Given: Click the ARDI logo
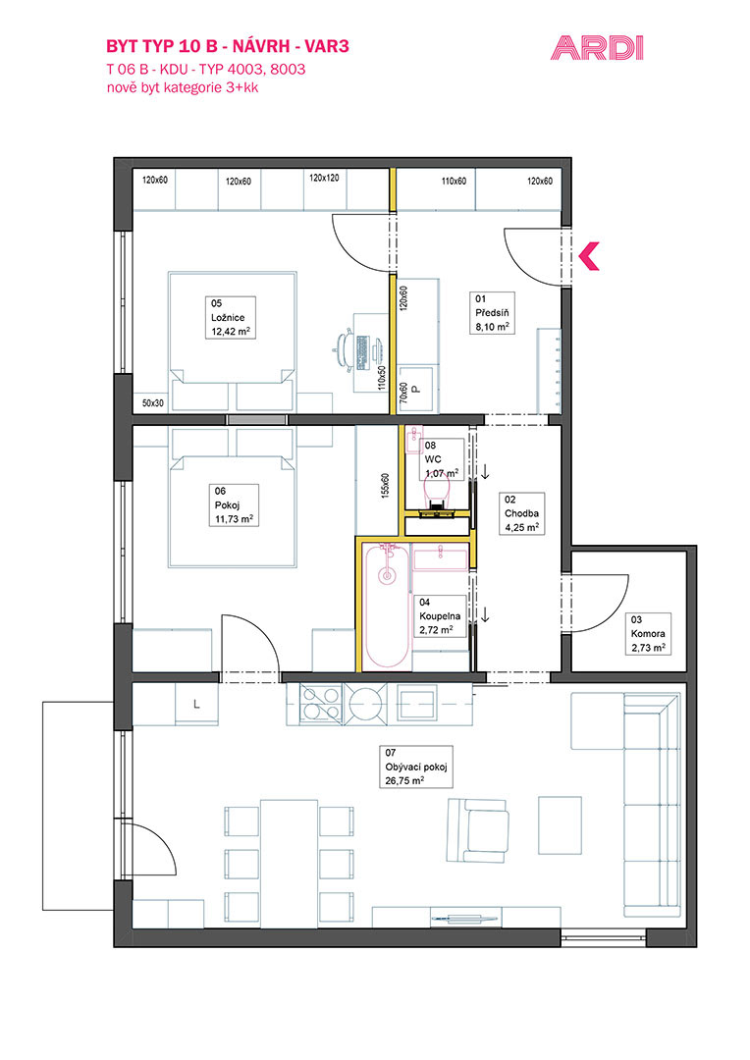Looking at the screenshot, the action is point(597,49).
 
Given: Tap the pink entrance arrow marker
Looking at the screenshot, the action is point(588,256).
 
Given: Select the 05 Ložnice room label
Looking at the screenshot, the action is point(231,317).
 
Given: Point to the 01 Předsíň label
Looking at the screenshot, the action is point(493,313).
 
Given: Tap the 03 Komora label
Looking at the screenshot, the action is point(649,634).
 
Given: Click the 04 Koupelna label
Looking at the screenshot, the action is point(440,615).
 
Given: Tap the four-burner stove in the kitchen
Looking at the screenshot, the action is point(319,703).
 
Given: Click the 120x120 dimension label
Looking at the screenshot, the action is point(324,178).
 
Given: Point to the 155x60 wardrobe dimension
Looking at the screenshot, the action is point(385,485).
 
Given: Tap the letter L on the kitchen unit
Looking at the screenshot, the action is point(196,705).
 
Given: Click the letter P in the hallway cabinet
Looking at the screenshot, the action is point(416,390).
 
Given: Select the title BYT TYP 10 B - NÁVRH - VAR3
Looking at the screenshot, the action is point(227,46).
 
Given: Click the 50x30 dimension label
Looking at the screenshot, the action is point(153,403).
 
